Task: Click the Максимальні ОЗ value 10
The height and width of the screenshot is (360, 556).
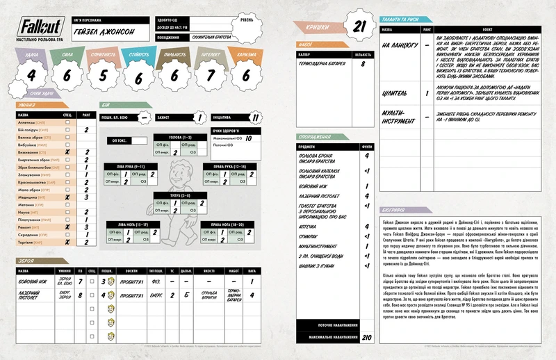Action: click(x=248, y=138)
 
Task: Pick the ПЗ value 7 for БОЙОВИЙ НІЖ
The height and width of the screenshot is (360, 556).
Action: click(x=81, y=281)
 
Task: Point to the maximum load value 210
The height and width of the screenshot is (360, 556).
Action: click(x=366, y=338)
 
